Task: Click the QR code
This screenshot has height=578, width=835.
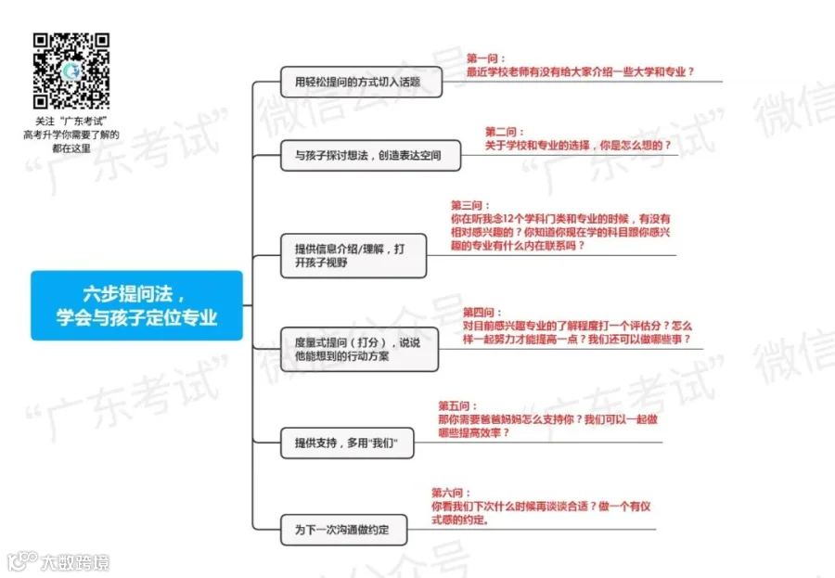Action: pyautogui.click(x=71, y=71)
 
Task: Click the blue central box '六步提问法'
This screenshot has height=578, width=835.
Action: pyautogui.click(x=136, y=305)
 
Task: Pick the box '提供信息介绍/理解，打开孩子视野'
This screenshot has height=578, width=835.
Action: pyautogui.click(x=353, y=255)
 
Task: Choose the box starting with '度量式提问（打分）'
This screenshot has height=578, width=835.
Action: pyautogui.click(x=359, y=349)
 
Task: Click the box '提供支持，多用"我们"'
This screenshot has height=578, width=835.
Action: pyautogui.click(x=346, y=443)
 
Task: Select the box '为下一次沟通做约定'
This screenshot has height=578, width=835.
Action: pyautogui.click(x=341, y=530)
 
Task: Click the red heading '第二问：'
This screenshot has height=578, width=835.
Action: pyautogui.click(x=506, y=132)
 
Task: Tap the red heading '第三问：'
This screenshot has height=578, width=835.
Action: pyautogui.click(x=471, y=205)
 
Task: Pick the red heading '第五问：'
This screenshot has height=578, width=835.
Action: pyautogui.click(x=458, y=405)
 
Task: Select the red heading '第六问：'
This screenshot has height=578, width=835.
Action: pyautogui.click(x=452, y=493)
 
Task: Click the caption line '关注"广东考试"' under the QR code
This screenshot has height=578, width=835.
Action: pyautogui.click(x=71, y=122)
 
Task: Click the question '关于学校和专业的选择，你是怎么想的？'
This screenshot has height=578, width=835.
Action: pyautogui.click(x=578, y=146)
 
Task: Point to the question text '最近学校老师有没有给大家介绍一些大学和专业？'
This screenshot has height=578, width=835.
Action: pyautogui.click(x=580, y=71)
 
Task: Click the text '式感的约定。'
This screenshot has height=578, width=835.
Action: pyautogui.click(x=461, y=520)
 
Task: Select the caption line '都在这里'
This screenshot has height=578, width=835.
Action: pyautogui.click(x=71, y=148)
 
